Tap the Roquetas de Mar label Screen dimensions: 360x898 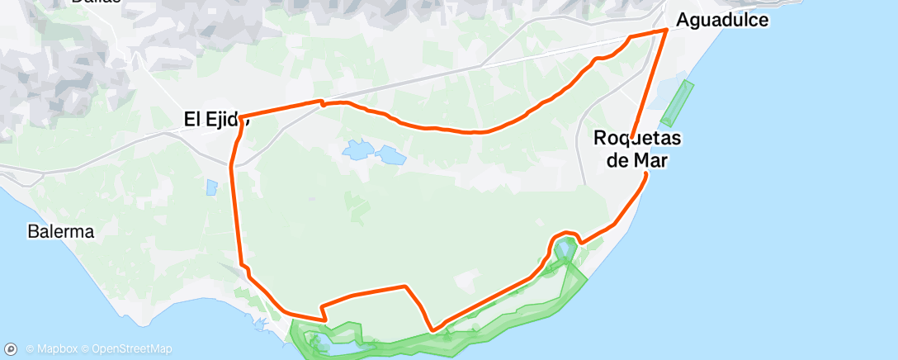pyautogui.click(x=631, y=149)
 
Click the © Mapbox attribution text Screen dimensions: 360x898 pyautogui.click(x=52, y=348)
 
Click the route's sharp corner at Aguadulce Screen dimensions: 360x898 pyautogui.click(x=666, y=31)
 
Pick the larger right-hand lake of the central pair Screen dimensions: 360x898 pyautogui.click(x=387, y=154)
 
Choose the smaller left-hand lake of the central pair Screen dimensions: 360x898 pyautogui.click(x=357, y=149)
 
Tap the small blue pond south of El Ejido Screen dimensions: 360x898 pyautogui.click(x=211, y=187)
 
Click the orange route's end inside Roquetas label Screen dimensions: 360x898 pyautogui.click(x=632, y=135)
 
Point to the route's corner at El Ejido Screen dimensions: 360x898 pyautogui.click(x=240, y=117)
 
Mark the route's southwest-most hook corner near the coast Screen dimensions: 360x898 pyautogui.click(x=324, y=318)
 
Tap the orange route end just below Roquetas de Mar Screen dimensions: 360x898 pyautogui.click(x=645, y=173)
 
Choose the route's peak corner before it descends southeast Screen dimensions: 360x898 pyautogui.click(x=405, y=287)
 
